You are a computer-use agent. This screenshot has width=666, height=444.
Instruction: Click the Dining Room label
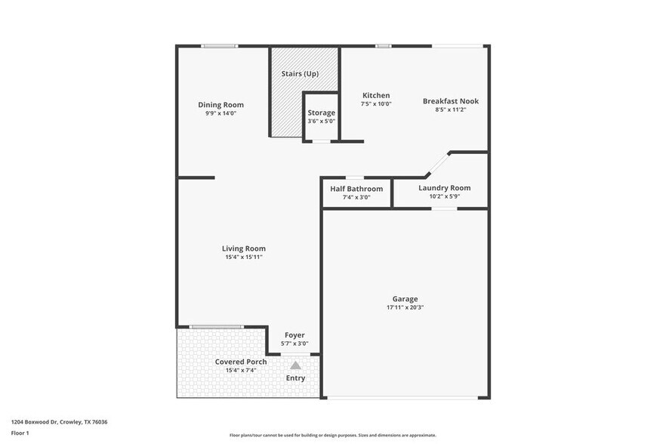tap(220, 105)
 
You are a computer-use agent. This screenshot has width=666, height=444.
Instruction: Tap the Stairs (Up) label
tap(300, 74)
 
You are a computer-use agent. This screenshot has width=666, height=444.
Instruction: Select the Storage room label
tap(321, 113)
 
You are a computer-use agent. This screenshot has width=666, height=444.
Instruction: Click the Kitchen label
tap(376, 95)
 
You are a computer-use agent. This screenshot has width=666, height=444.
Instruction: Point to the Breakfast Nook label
tap(450, 101)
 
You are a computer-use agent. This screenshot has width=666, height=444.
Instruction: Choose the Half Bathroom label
tap(356, 189)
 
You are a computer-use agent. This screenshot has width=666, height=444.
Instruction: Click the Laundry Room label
tap(444, 188)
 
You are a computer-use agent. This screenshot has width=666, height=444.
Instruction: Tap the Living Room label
tap(243, 248)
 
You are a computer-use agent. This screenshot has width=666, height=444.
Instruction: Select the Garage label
tap(405, 299)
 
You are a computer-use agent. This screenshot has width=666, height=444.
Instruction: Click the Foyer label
tap(294, 335)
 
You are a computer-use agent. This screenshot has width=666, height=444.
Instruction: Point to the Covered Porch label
tap(241, 362)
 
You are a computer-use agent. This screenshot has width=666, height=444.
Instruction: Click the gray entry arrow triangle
tap(295, 365)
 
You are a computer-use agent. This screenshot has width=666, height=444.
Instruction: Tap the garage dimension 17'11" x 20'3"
tap(405, 308)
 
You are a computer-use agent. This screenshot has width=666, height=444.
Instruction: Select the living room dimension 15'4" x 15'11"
tap(243, 257)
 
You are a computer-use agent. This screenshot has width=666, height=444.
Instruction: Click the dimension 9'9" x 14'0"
tap(220, 113)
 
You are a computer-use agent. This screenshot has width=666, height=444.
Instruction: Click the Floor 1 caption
tap(20, 433)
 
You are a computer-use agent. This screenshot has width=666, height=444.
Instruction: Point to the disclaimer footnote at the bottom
tap(332, 435)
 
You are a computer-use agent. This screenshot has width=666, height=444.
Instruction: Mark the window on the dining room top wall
tap(219, 46)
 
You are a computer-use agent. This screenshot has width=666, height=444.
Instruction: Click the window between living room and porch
tap(216, 327)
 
